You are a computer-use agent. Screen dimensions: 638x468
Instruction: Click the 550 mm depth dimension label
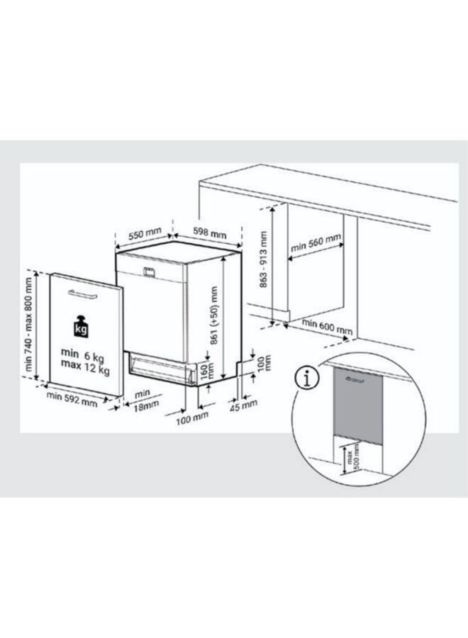point(145,234)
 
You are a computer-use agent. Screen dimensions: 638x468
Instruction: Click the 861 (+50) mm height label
point(212,315)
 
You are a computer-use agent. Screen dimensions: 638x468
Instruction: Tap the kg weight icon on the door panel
point(83,328)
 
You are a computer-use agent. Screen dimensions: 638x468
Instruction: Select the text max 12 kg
point(85,369)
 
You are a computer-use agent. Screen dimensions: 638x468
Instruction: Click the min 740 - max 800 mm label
point(30,323)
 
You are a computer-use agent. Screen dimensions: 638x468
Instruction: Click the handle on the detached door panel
point(84,292)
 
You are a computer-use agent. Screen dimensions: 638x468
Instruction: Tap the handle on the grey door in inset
point(352,380)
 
